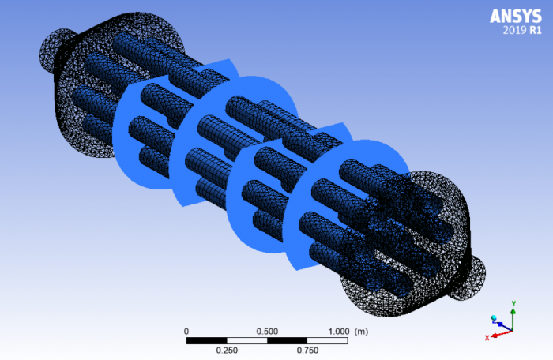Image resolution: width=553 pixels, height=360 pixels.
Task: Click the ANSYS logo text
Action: [515, 16]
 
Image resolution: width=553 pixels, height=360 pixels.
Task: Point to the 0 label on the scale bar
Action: [186, 331]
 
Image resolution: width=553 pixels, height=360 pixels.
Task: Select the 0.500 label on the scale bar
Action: [267, 331]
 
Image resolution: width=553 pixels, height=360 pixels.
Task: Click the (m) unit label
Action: [363, 331]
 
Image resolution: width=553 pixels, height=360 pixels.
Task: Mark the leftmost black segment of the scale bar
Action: [206, 340]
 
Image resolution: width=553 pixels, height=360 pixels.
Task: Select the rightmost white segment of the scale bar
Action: [327, 340]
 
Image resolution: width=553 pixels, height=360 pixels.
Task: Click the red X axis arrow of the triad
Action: [499, 335]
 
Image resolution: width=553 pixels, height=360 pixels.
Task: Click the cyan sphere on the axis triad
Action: [495, 317]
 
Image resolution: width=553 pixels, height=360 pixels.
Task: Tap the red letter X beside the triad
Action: [487, 338]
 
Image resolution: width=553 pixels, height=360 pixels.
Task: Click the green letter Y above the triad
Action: [513, 303]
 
